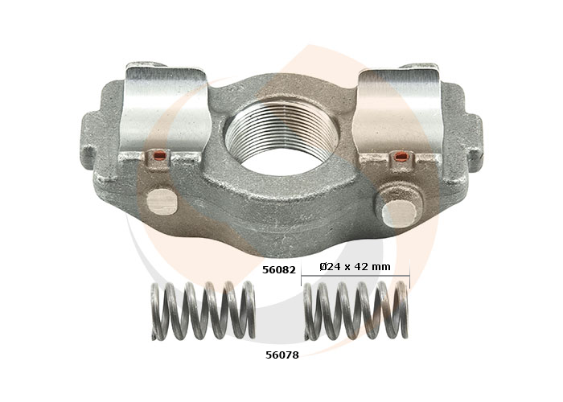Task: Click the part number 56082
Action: tap(278, 269)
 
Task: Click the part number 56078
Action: tap(281, 355)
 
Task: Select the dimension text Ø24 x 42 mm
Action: tap(355, 267)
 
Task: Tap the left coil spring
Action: tap(203, 310)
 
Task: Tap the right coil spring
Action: tap(356, 310)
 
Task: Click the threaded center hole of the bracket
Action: tap(281, 137)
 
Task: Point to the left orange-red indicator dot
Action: tap(160, 155)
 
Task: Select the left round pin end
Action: tap(162, 202)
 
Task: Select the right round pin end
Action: tap(400, 214)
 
